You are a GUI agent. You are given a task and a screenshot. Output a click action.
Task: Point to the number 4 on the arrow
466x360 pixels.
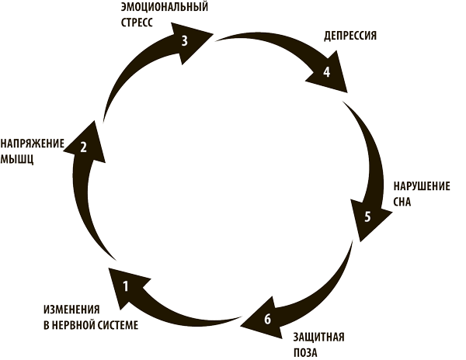point(327,72)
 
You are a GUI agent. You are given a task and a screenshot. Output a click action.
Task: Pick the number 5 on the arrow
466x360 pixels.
point(368,216)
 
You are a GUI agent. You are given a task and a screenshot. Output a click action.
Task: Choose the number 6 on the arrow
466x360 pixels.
point(268,319)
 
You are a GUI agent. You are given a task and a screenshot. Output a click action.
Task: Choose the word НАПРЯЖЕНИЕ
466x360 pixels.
point(33,143)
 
